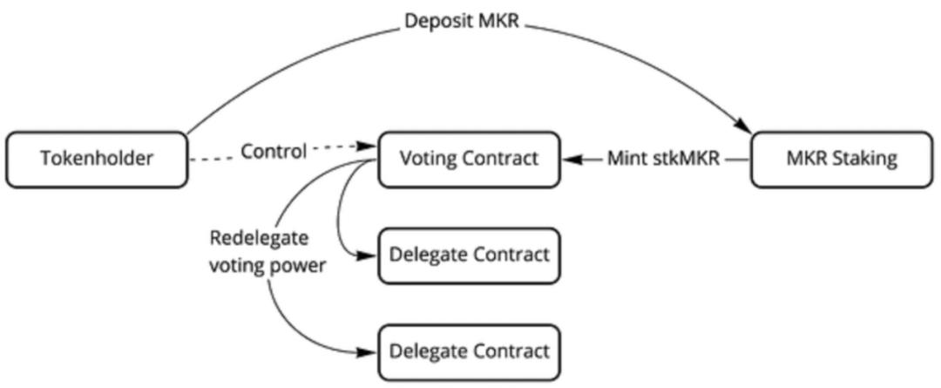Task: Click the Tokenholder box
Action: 96,159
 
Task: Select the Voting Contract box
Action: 467,159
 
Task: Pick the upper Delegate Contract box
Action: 469,255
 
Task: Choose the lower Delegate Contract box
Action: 469,352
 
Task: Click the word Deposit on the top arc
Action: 434,22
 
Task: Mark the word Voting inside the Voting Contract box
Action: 424,159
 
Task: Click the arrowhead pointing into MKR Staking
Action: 745,126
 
